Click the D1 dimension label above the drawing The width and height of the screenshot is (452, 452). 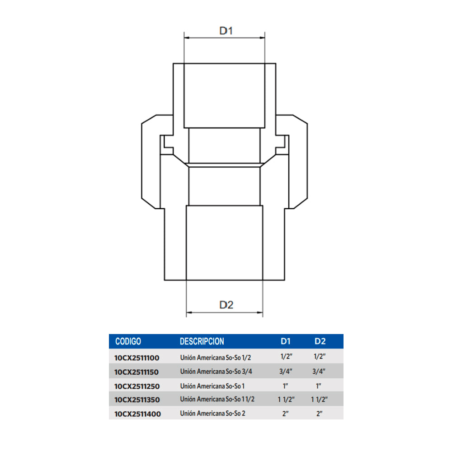226,31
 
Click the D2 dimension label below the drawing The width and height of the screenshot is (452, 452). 226,305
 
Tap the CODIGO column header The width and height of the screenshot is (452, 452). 128,341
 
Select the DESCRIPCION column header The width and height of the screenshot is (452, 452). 202,341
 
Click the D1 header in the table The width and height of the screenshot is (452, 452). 285,341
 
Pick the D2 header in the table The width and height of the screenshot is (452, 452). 320,341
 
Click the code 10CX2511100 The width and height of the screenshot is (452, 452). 137,358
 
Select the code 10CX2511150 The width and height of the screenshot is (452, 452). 137,372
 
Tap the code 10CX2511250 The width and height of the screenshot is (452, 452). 137,386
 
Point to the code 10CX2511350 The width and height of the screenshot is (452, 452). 137,400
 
